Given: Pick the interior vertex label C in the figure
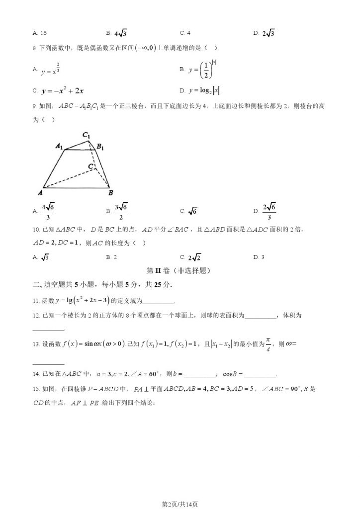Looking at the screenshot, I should click(x=90, y=166).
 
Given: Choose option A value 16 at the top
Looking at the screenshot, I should click(x=42, y=33).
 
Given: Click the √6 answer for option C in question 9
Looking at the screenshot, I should click(x=192, y=211).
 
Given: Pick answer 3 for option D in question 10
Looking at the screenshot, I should click(x=262, y=257).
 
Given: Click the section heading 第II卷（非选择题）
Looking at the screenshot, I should click(x=180, y=271).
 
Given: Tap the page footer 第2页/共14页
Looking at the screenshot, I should click(x=180, y=504).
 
